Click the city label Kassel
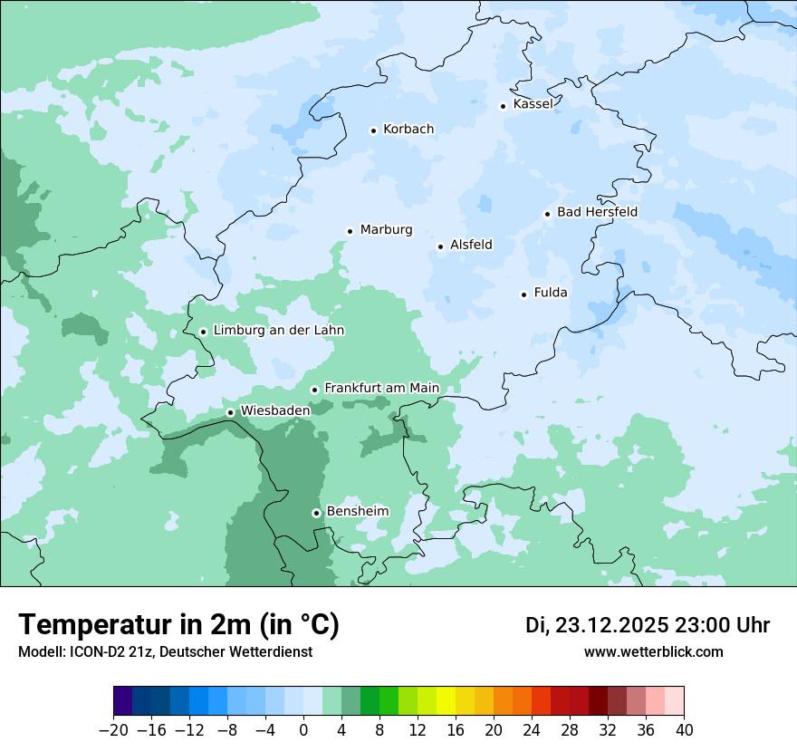coord(533,104)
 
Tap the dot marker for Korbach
coord(373,130)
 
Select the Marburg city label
coord(386,230)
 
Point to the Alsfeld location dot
coord(441,246)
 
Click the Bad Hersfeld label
coord(597,212)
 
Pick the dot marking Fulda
coord(523,294)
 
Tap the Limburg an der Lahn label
coord(278,331)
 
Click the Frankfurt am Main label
coord(381,388)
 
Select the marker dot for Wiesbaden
coord(231,412)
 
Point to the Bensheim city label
coord(357,511)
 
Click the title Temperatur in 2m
coord(178,624)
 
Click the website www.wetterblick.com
coord(653,651)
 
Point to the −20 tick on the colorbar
coord(113,729)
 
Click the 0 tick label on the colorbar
coord(303,729)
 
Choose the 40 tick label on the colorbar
coord(684,729)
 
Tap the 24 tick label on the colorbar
coord(532,729)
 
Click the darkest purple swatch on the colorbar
coord(123,701)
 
